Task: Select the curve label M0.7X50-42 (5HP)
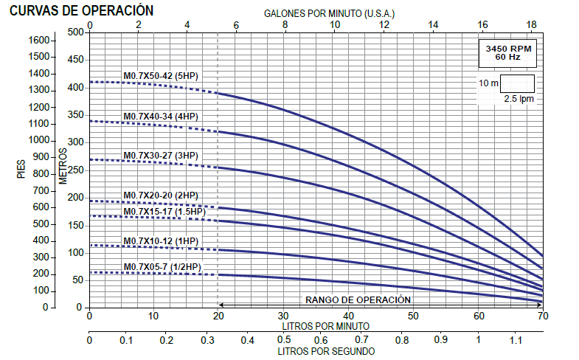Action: pyautogui.click(x=161, y=76)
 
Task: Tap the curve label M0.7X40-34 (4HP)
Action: pyautogui.click(x=161, y=117)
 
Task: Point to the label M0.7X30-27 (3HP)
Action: pyautogui.click(x=161, y=155)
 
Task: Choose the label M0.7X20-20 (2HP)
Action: pyautogui.click(x=161, y=195)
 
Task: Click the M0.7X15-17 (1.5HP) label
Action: pyautogui.click(x=164, y=212)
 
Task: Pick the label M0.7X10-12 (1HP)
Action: pyautogui.click(x=161, y=241)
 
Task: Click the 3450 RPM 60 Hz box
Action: pyautogui.click(x=507, y=52)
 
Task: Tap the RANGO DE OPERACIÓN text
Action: pyautogui.click(x=358, y=300)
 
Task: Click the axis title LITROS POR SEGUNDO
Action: pyautogui.click(x=326, y=352)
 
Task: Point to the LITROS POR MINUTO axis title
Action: pyautogui.click(x=325, y=325)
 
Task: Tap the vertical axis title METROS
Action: pyautogui.click(x=63, y=167)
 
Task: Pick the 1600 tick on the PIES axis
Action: pyautogui.click(x=38, y=39)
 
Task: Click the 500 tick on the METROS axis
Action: pyautogui.click(x=77, y=32)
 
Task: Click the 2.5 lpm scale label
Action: pyautogui.click(x=519, y=98)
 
